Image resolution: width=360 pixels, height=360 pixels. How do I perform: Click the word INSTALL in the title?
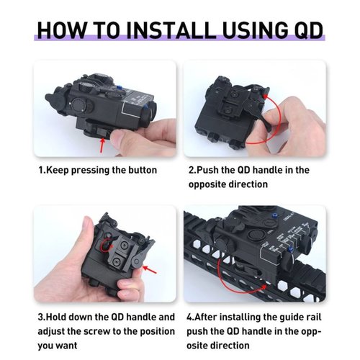[x=171, y=30]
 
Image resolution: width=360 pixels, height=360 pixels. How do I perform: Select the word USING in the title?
[x=255, y=30]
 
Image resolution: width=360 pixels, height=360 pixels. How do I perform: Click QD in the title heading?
[x=308, y=31]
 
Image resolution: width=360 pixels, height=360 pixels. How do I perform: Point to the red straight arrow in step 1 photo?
[x=102, y=145]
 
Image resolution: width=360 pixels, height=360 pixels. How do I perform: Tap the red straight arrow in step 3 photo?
[x=149, y=269]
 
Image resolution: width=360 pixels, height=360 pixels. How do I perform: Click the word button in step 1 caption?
[x=143, y=170]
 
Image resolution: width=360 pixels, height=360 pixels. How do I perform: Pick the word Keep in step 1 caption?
[x=57, y=170]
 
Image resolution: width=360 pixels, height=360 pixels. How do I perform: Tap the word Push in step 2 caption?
[x=207, y=170]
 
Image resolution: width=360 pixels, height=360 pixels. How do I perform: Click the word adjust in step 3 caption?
[x=51, y=331]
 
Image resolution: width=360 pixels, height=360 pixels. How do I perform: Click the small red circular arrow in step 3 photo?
[x=107, y=246]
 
